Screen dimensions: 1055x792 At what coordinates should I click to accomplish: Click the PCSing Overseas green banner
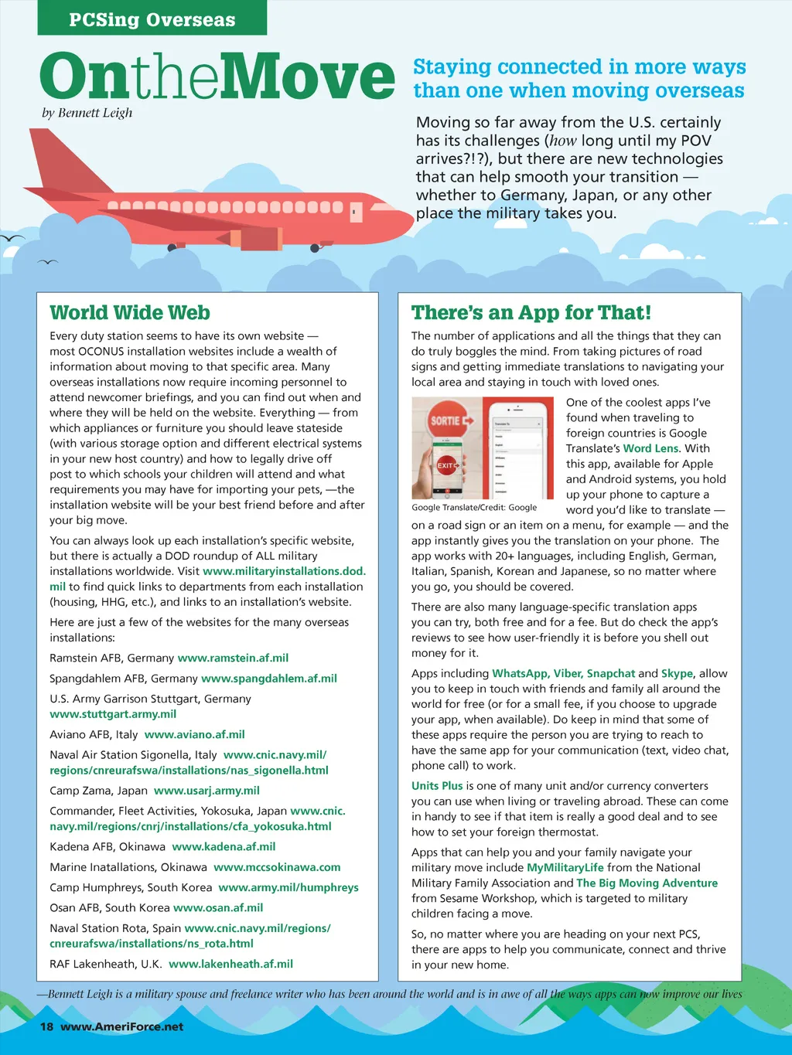152,19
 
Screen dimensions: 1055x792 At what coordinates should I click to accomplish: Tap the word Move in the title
312,77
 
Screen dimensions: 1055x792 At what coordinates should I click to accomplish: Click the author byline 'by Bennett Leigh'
87,113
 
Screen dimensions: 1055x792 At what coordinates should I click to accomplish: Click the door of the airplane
356,212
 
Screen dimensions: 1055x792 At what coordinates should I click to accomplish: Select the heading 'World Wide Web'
130,313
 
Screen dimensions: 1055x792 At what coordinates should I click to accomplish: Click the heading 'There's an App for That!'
531,313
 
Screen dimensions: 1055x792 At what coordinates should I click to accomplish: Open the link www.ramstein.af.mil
233,659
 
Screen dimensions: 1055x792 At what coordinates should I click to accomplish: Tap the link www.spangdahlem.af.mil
269,679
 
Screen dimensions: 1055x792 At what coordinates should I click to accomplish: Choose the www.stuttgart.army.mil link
113,714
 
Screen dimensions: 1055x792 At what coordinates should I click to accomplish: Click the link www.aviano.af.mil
195,734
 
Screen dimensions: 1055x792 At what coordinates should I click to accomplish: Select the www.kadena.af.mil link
224,847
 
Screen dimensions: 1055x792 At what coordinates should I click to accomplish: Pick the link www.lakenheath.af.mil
230,964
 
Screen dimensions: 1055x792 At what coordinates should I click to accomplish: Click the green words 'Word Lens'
650,448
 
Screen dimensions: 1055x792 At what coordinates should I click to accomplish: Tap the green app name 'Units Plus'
437,786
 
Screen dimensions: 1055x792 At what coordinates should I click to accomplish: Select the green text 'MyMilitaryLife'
565,868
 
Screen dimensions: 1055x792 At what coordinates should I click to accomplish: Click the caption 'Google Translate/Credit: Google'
474,508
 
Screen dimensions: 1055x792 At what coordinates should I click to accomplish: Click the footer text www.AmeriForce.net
121,1026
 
